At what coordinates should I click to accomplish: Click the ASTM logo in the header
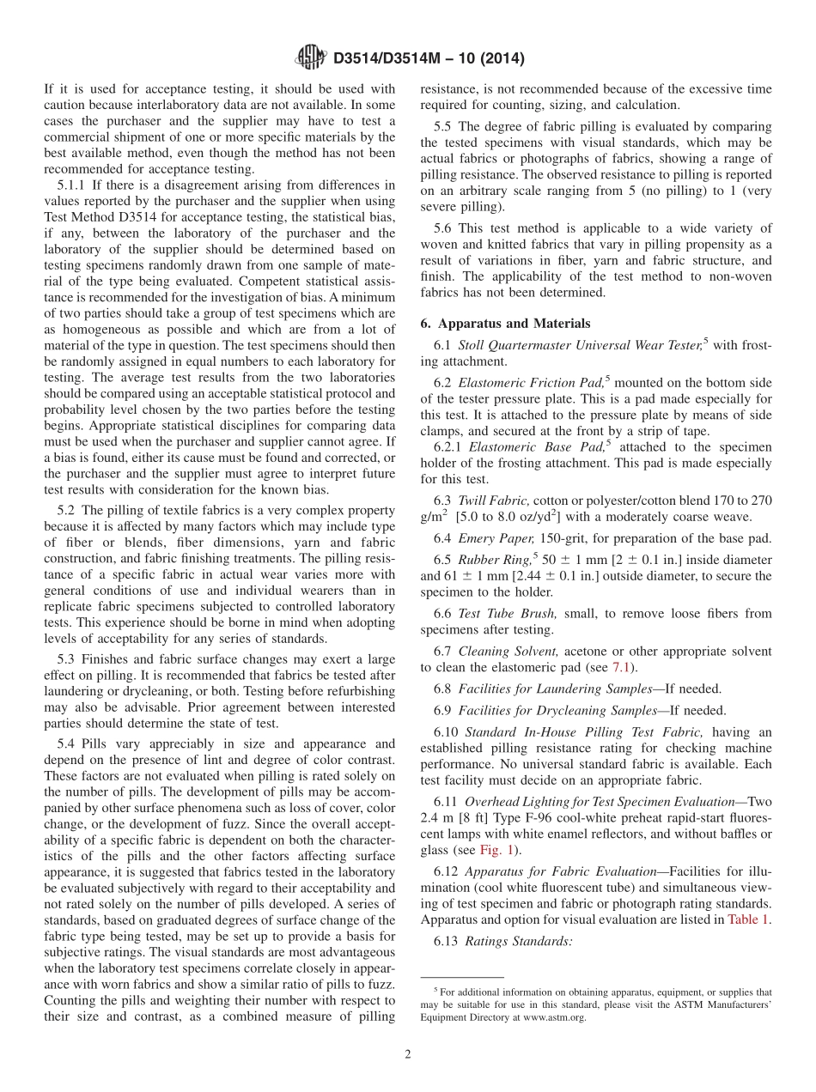pyautogui.click(x=310, y=58)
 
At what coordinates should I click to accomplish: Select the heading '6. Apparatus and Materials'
pyautogui.click(x=505, y=324)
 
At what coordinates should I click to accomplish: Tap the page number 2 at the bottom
pyautogui.click(x=408, y=1054)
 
